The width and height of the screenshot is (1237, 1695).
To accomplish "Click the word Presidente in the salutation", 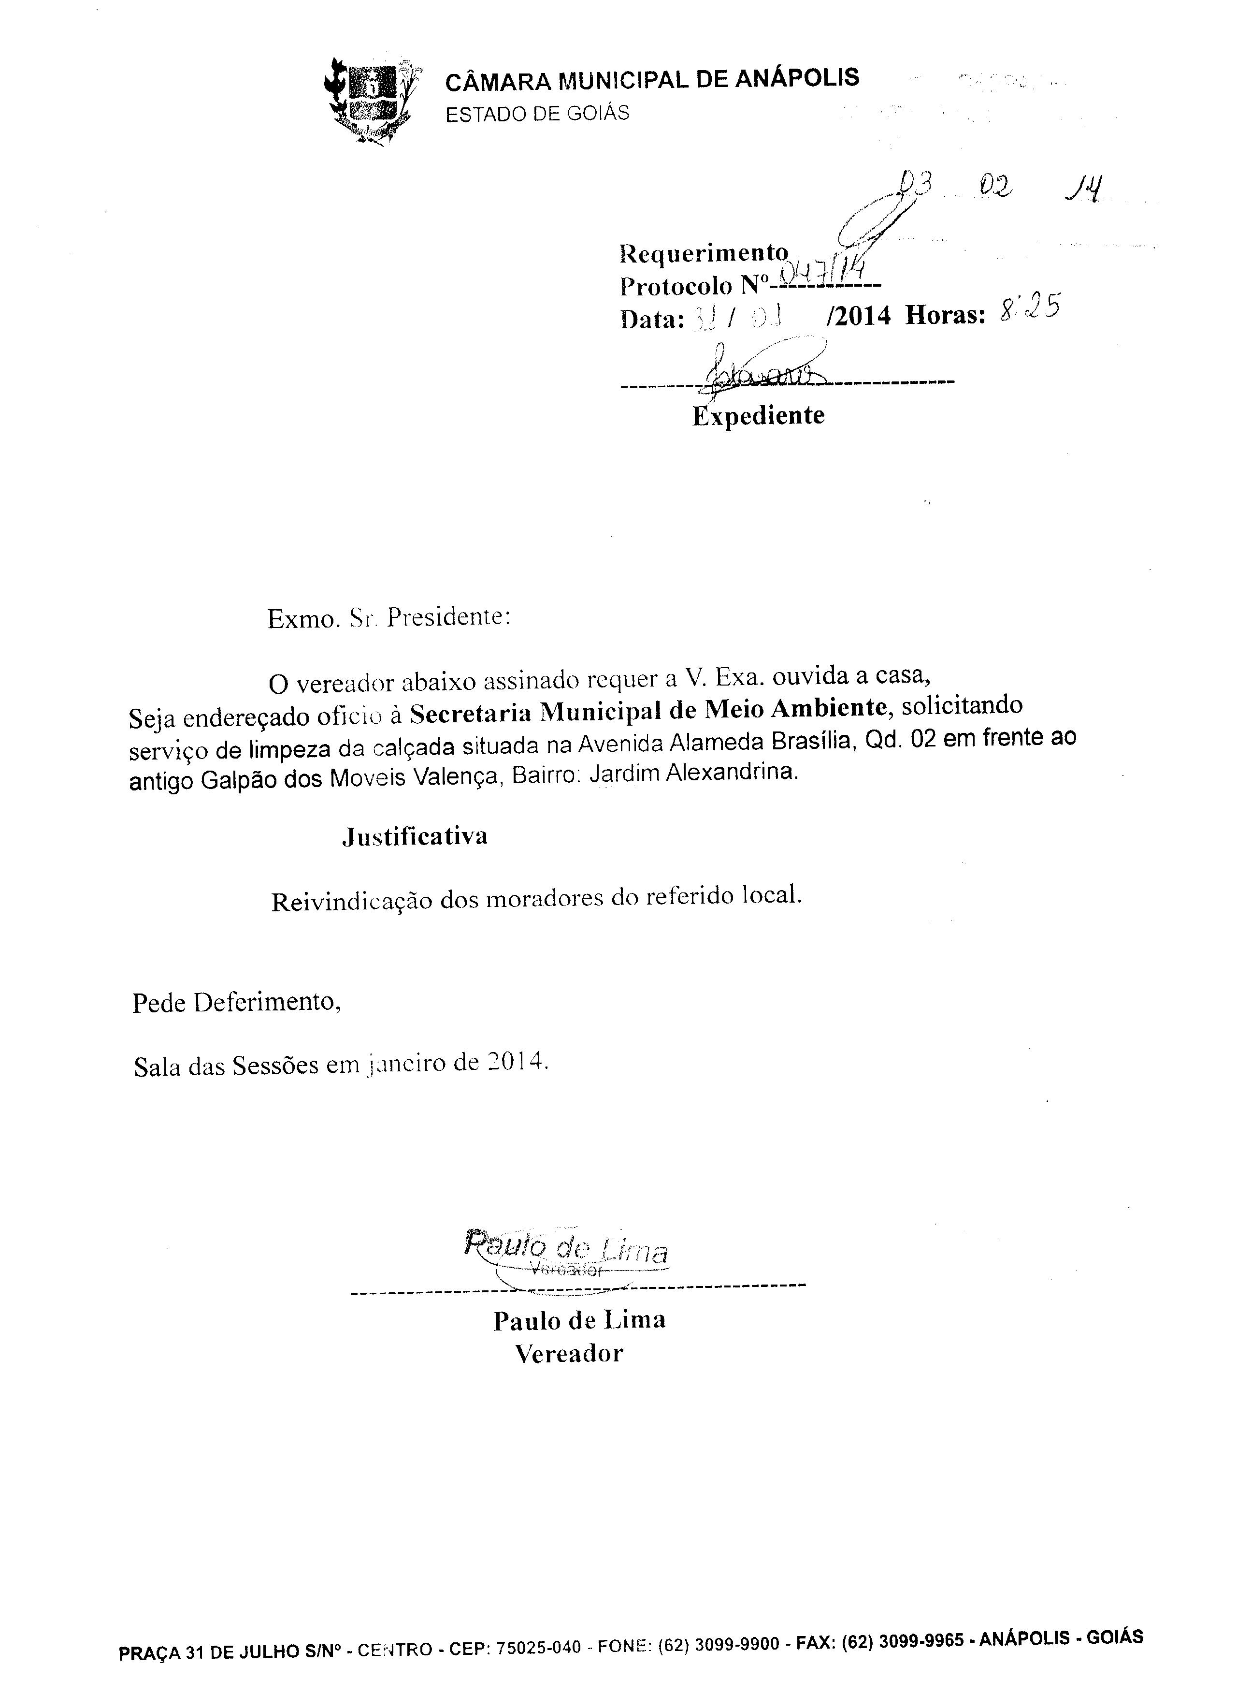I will (x=448, y=618).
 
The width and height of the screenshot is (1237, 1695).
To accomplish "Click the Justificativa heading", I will (x=415, y=837).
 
